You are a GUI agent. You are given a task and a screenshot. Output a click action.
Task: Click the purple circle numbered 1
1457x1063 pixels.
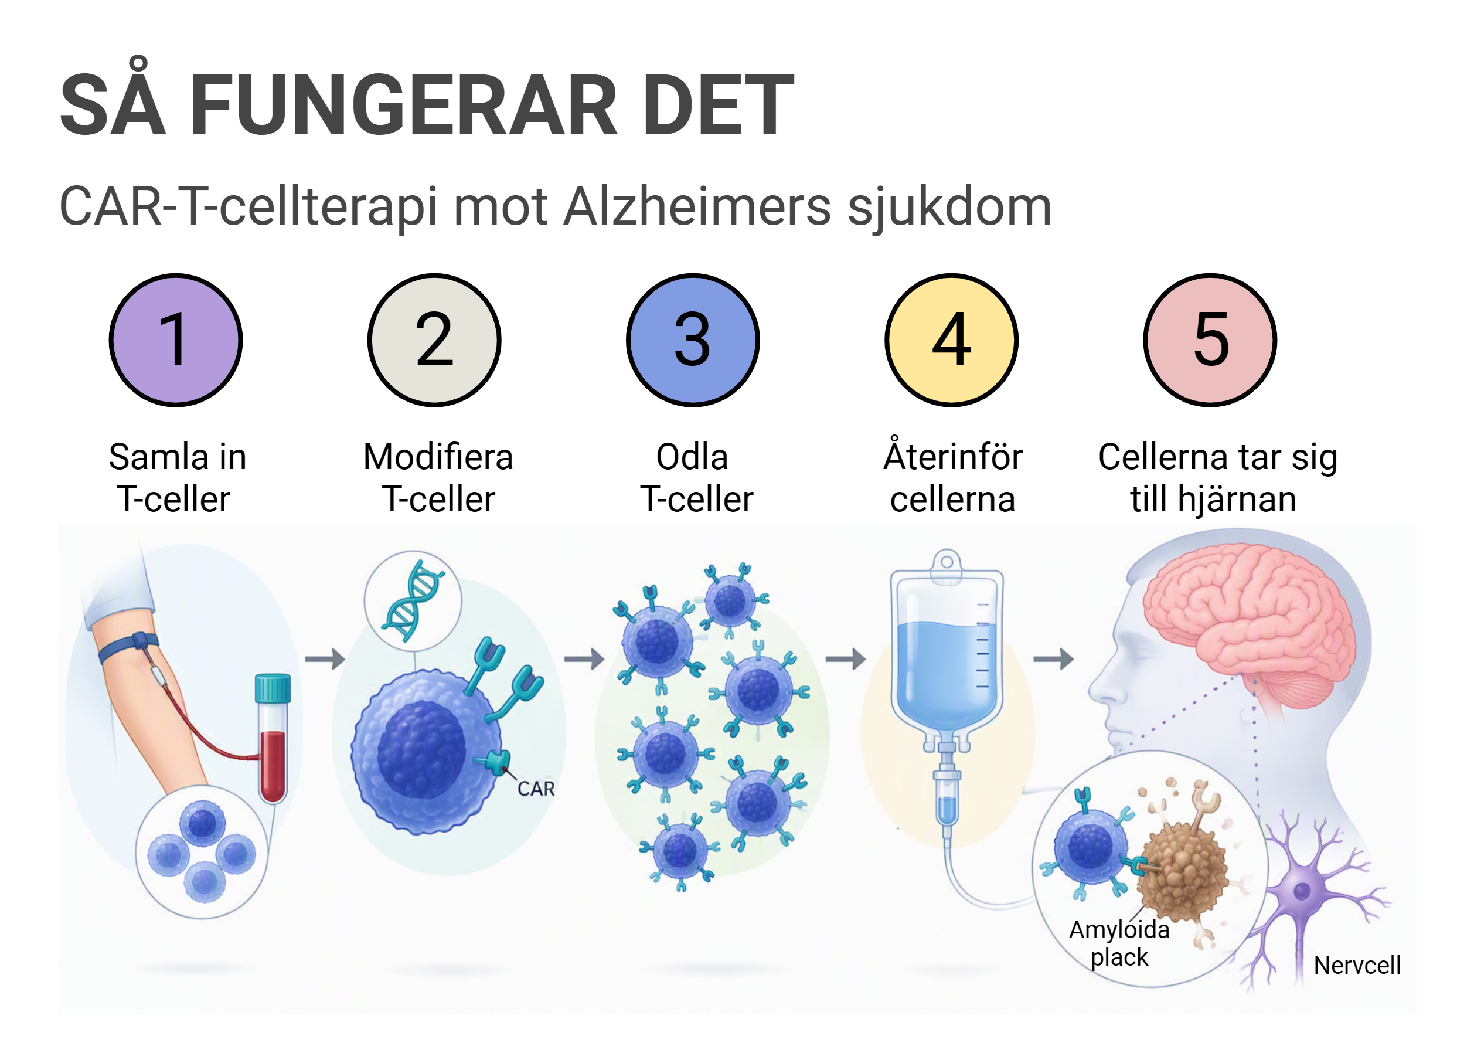176,341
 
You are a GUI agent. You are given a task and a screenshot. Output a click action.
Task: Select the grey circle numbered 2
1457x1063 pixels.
434,341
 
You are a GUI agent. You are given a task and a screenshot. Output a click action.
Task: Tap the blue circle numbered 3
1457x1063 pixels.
693,341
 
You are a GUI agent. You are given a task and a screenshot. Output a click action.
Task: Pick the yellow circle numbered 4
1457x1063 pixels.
951,341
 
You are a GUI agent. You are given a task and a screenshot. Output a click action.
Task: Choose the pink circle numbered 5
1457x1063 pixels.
1210,341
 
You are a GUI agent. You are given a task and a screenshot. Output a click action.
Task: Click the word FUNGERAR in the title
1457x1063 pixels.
404,105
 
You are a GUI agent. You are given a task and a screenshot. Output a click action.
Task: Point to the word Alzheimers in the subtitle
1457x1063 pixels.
697,206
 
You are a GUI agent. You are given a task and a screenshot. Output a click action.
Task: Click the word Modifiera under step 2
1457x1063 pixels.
438,457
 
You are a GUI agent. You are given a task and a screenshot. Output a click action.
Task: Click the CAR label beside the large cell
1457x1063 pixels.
536,789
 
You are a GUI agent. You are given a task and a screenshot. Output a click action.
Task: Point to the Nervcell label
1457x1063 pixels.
1357,966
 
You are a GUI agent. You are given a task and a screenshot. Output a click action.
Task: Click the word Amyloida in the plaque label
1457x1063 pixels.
1119,930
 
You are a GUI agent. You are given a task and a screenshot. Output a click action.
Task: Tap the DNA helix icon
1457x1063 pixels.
413,601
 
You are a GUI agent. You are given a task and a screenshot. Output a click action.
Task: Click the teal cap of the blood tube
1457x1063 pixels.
273,688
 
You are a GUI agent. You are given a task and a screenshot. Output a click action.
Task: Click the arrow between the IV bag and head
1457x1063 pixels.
1053,659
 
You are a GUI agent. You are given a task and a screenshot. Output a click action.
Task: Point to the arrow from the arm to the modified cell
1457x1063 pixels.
325,659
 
